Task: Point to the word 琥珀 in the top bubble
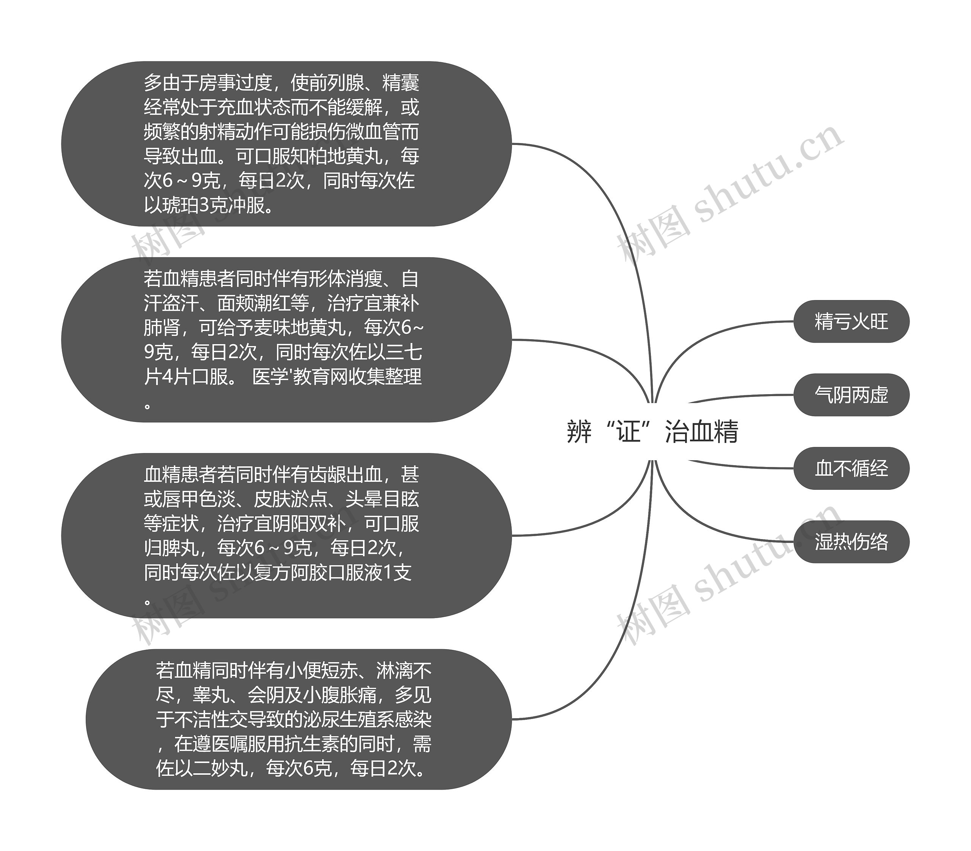180,205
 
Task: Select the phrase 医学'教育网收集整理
337,377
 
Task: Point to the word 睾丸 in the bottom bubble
211,695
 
